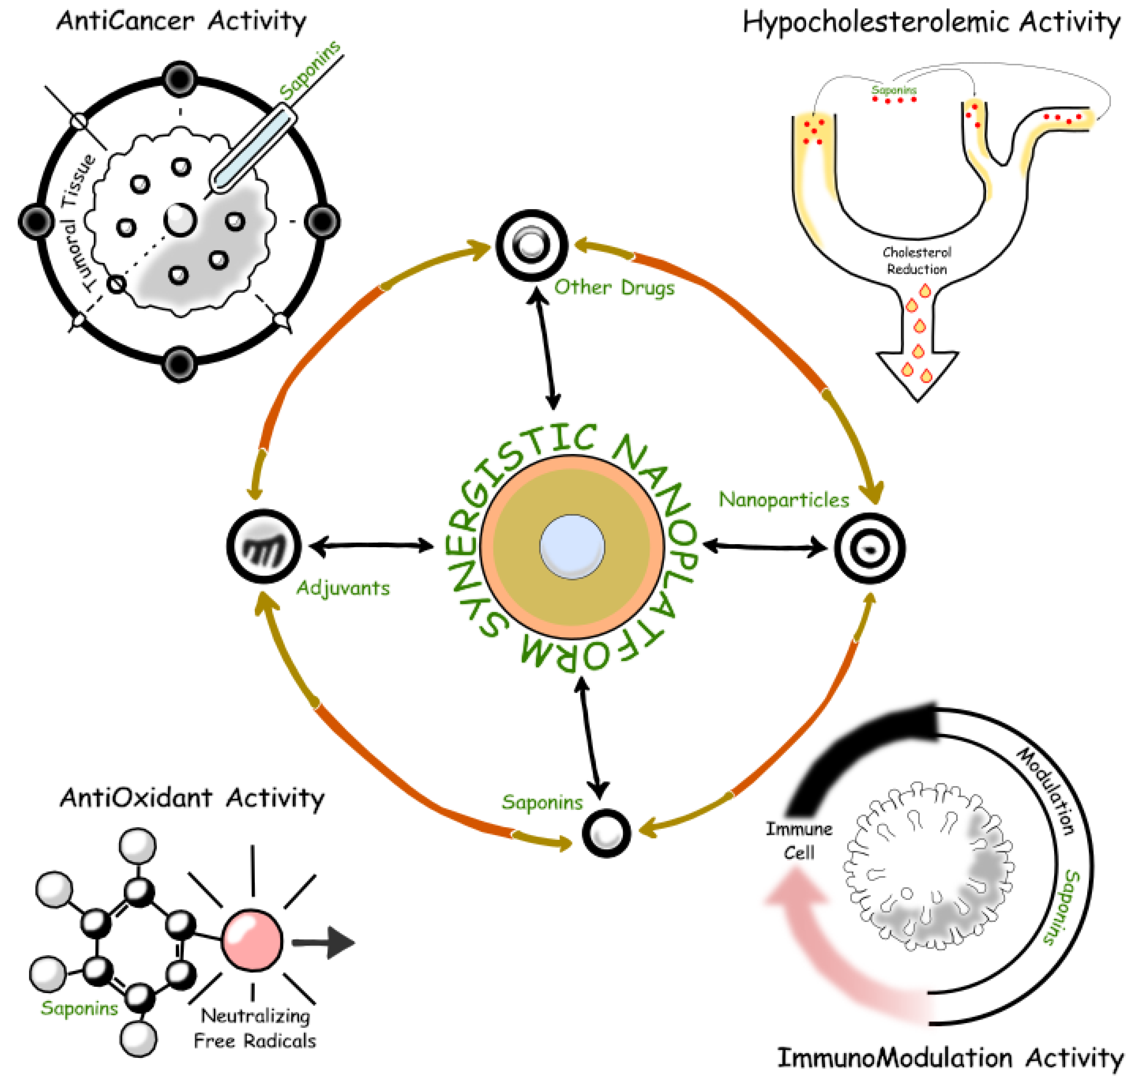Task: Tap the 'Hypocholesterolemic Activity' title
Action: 931,23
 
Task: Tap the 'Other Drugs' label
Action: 614,287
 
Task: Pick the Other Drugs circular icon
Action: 531,245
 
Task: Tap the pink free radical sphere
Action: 252,941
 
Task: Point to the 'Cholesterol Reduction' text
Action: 916,261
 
